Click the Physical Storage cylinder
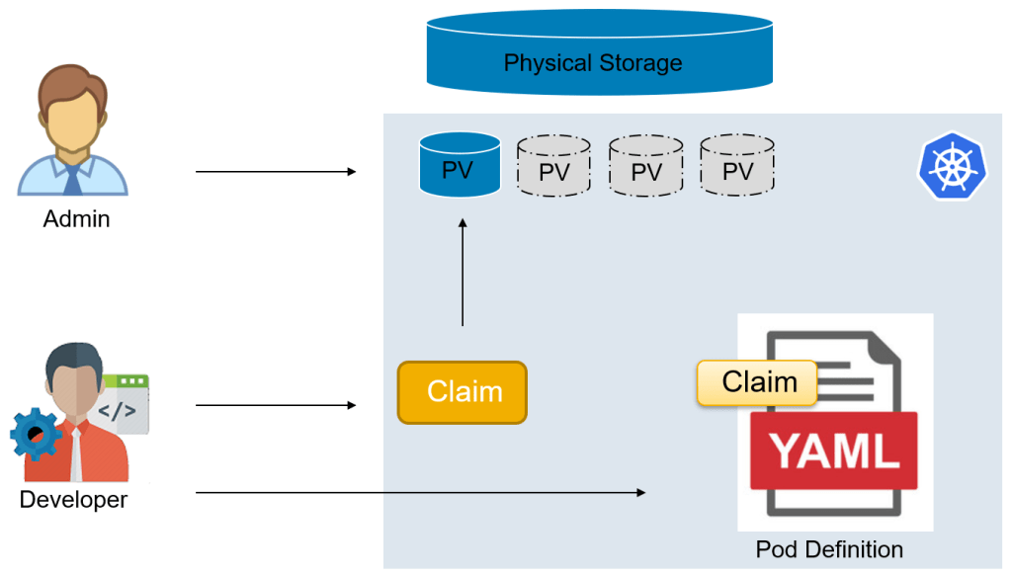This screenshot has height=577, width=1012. pyautogui.click(x=599, y=54)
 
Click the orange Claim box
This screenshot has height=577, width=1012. pyautogui.click(x=463, y=392)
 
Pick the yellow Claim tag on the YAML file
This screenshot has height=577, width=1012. pyautogui.click(x=758, y=382)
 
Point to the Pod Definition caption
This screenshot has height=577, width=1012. pyautogui.click(x=829, y=549)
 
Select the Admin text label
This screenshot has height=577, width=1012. pyautogui.click(x=76, y=219)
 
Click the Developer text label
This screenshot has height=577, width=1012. pyautogui.click(x=73, y=500)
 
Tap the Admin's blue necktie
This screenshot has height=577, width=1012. pyautogui.click(x=72, y=179)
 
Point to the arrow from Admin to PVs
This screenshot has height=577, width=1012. pyautogui.click(x=276, y=172)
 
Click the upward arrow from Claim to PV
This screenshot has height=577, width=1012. pyautogui.click(x=463, y=273)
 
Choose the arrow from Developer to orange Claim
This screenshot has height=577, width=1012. pyautogui.click(x=276, y=405)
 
